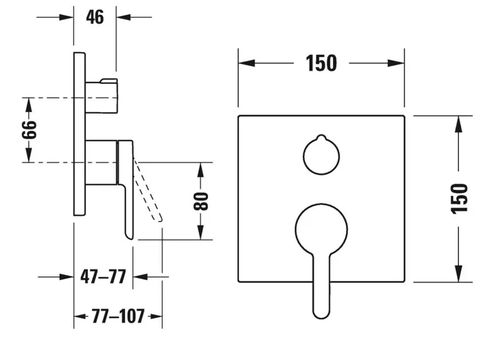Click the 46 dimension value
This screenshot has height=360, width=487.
pos(95,17)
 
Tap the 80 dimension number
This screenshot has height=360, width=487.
pos(201,201)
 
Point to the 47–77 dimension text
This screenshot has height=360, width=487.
pos(103,277)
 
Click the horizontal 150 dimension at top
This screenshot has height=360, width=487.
pos(321,63)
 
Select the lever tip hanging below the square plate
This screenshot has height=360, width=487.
pos(321,309)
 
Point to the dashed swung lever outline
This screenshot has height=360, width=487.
pos(149,191)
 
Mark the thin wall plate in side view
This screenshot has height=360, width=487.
pos(79,134)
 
